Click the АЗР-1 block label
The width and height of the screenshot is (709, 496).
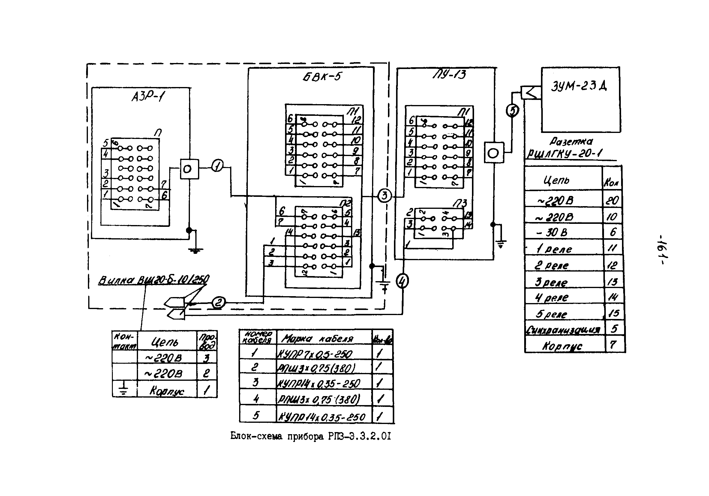click(148, 97)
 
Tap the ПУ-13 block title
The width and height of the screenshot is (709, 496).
click(449, 74)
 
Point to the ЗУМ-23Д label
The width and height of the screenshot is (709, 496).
click(579, 86)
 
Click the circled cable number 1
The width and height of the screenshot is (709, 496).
click(218, 166)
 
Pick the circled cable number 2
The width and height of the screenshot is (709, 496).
click(218, 302)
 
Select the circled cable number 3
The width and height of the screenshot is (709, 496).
click(384, 196)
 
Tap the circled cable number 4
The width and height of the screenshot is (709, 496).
click(402, 281)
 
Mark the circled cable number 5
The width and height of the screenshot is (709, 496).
click(512, 110)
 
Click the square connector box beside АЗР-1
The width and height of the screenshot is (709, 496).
click(189, 169)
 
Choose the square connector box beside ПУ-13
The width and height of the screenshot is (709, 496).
click(494, 152)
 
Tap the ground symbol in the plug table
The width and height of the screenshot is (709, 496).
click(124, 389)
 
